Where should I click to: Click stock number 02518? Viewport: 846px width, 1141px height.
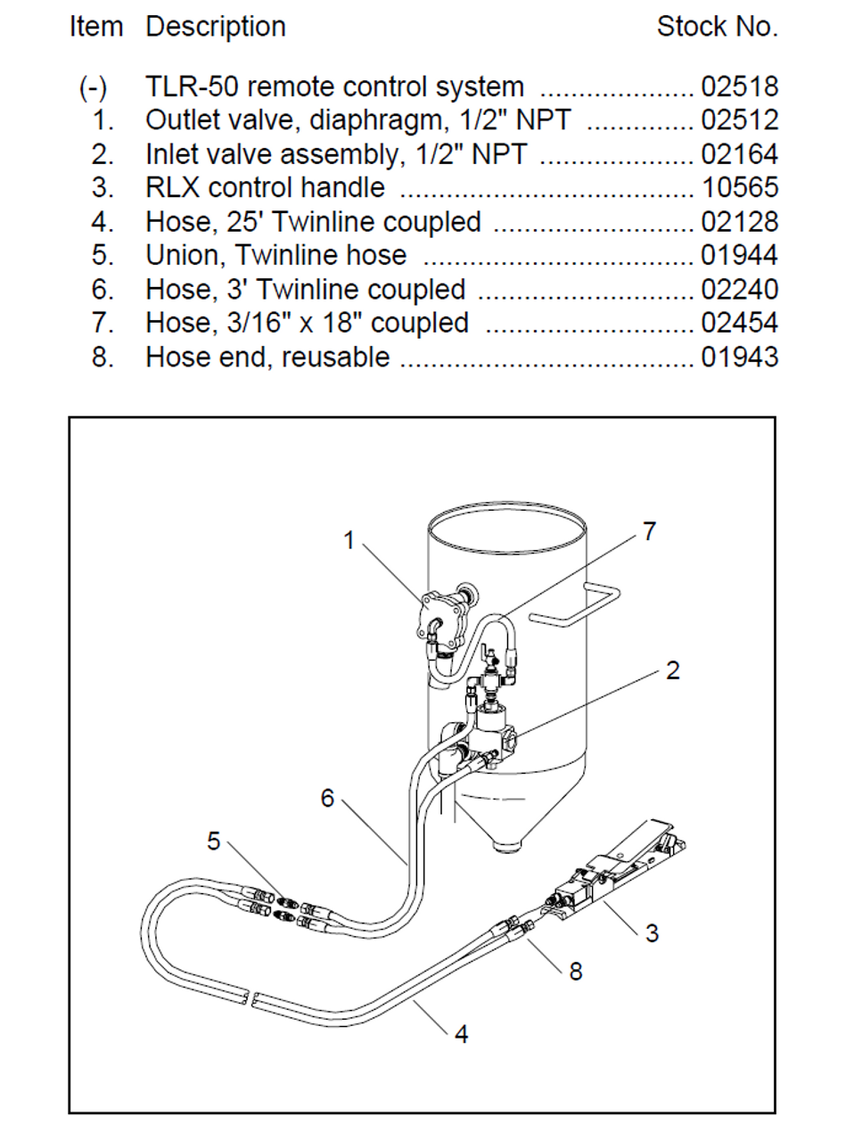click(x=739, y=87)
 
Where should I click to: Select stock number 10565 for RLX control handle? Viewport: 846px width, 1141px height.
click(x=739, y=188)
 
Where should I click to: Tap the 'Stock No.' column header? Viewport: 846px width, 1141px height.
click(x=717, y=27)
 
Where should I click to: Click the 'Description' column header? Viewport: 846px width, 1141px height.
click(x=216, y=27)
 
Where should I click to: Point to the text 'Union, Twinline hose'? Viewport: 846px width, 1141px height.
click(x=275, y=256)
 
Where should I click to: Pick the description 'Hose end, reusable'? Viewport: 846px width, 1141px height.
click(x=267, y=357)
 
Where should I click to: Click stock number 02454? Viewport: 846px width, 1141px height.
click(x=739, y=323)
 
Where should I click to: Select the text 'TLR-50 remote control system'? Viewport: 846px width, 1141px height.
click(x=334, y=87)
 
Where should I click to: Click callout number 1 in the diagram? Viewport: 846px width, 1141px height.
click(x=349, y=540)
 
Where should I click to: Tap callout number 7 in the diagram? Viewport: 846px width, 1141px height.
click(x=649, y=531)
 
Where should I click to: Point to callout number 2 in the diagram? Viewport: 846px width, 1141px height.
click(x=673, y=670)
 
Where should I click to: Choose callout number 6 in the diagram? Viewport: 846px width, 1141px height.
click(x=327, y=798)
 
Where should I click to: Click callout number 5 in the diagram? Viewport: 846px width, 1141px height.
click(x=214, y=841)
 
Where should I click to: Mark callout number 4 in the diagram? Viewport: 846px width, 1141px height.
click(x=461, y=1034)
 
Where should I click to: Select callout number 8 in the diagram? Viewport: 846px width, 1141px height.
click(x=576, y=972)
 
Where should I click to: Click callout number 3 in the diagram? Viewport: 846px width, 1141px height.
click(x=652, y=933)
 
